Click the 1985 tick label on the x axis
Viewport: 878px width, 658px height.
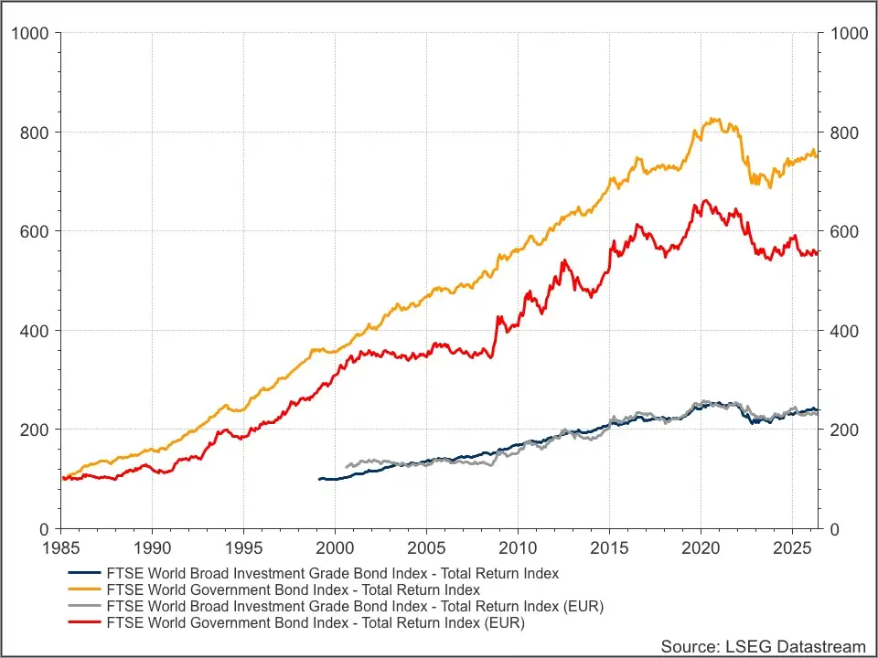[61, 547]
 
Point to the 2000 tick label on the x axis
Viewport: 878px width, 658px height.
[335, 547]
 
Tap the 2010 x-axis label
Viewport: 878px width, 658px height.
[518, 547]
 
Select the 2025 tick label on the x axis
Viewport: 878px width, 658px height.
[792, 547]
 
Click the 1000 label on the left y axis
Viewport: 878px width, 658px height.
[29, 33]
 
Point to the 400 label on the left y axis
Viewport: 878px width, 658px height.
[34, 331]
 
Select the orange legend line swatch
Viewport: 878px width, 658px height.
[84, 589]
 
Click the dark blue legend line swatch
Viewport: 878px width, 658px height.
[84, 573]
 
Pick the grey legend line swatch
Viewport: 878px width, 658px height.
[84, 605]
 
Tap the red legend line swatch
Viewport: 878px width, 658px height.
[84, 622]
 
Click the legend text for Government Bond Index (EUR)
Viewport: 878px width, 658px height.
[316, 622]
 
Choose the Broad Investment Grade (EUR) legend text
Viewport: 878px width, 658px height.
[355, 606]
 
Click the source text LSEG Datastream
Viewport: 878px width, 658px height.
[763, 647]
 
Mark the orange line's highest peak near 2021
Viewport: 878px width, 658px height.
[712, 119]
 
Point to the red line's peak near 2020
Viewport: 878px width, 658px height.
[705, 200]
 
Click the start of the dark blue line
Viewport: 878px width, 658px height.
[318, 479]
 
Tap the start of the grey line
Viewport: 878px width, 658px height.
[346, 466]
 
